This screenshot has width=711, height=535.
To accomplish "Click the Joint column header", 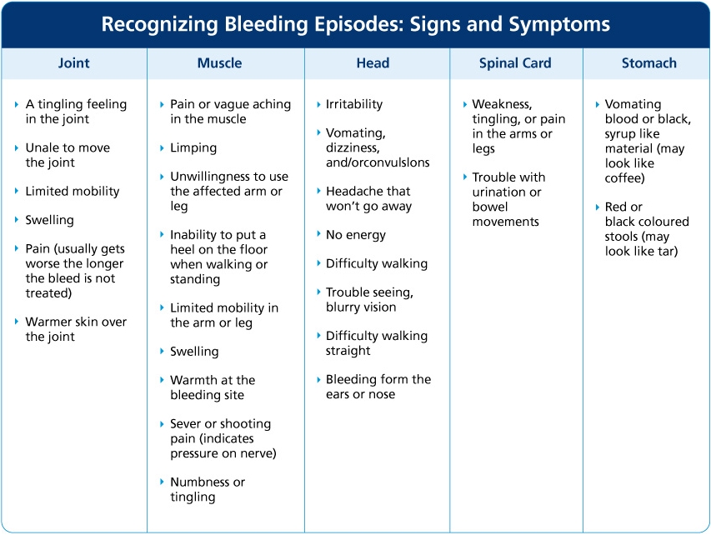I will (x=74, y=63).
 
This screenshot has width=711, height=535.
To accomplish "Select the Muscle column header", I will (x=219, y=63).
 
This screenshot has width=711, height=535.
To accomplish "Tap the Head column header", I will (x=373, y=63).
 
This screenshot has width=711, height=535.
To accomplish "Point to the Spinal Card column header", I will (x=515, y=63).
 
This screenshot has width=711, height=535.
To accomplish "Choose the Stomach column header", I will (x=648, y=63).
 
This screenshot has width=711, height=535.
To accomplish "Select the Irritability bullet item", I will (x=354, y=104).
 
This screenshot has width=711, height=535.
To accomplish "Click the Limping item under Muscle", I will (x=193, y=147).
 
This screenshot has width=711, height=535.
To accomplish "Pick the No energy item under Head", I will (x=356, y=235).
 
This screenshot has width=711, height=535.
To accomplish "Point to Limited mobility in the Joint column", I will (x=73, y=191).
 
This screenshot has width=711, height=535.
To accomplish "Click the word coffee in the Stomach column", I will (x=624, y=178).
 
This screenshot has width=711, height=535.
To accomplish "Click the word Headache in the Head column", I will (x=353, y=191).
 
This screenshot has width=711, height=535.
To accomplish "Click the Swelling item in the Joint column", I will (x=49, y=220).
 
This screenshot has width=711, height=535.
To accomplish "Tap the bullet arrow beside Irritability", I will (x=318, y=105).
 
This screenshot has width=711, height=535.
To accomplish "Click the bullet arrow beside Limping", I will (x=163, y=148).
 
